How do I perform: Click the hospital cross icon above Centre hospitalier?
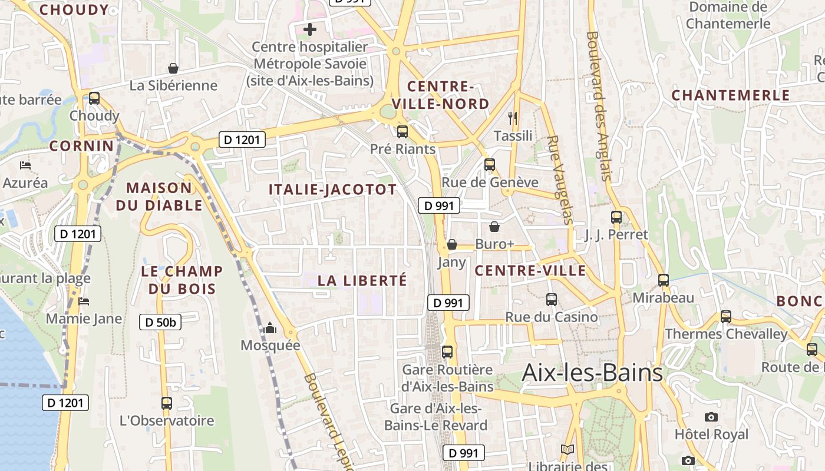[309, 29]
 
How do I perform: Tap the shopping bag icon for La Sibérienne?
[173, 68]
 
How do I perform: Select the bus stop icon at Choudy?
[94, 98]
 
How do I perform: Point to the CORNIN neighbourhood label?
[81, 145]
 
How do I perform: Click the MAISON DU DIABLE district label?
[159, 197]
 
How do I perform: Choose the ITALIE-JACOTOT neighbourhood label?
[332, 190]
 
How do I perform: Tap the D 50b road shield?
[160, 322]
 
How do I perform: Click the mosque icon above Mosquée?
[270, 328]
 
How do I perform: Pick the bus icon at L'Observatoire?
[167, 403]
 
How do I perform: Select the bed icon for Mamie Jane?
[84, 301]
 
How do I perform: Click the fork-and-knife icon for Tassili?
[513, 118]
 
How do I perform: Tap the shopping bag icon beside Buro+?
[494, 226]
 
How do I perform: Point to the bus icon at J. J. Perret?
[616, 217]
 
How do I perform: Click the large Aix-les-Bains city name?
[592, 372]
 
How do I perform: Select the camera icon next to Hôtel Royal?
[711, 417]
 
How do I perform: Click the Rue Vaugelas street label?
[560, 180]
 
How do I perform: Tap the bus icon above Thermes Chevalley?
[726, 316]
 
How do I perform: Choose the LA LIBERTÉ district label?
[362, 280]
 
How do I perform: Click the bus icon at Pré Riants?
[402, 131]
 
